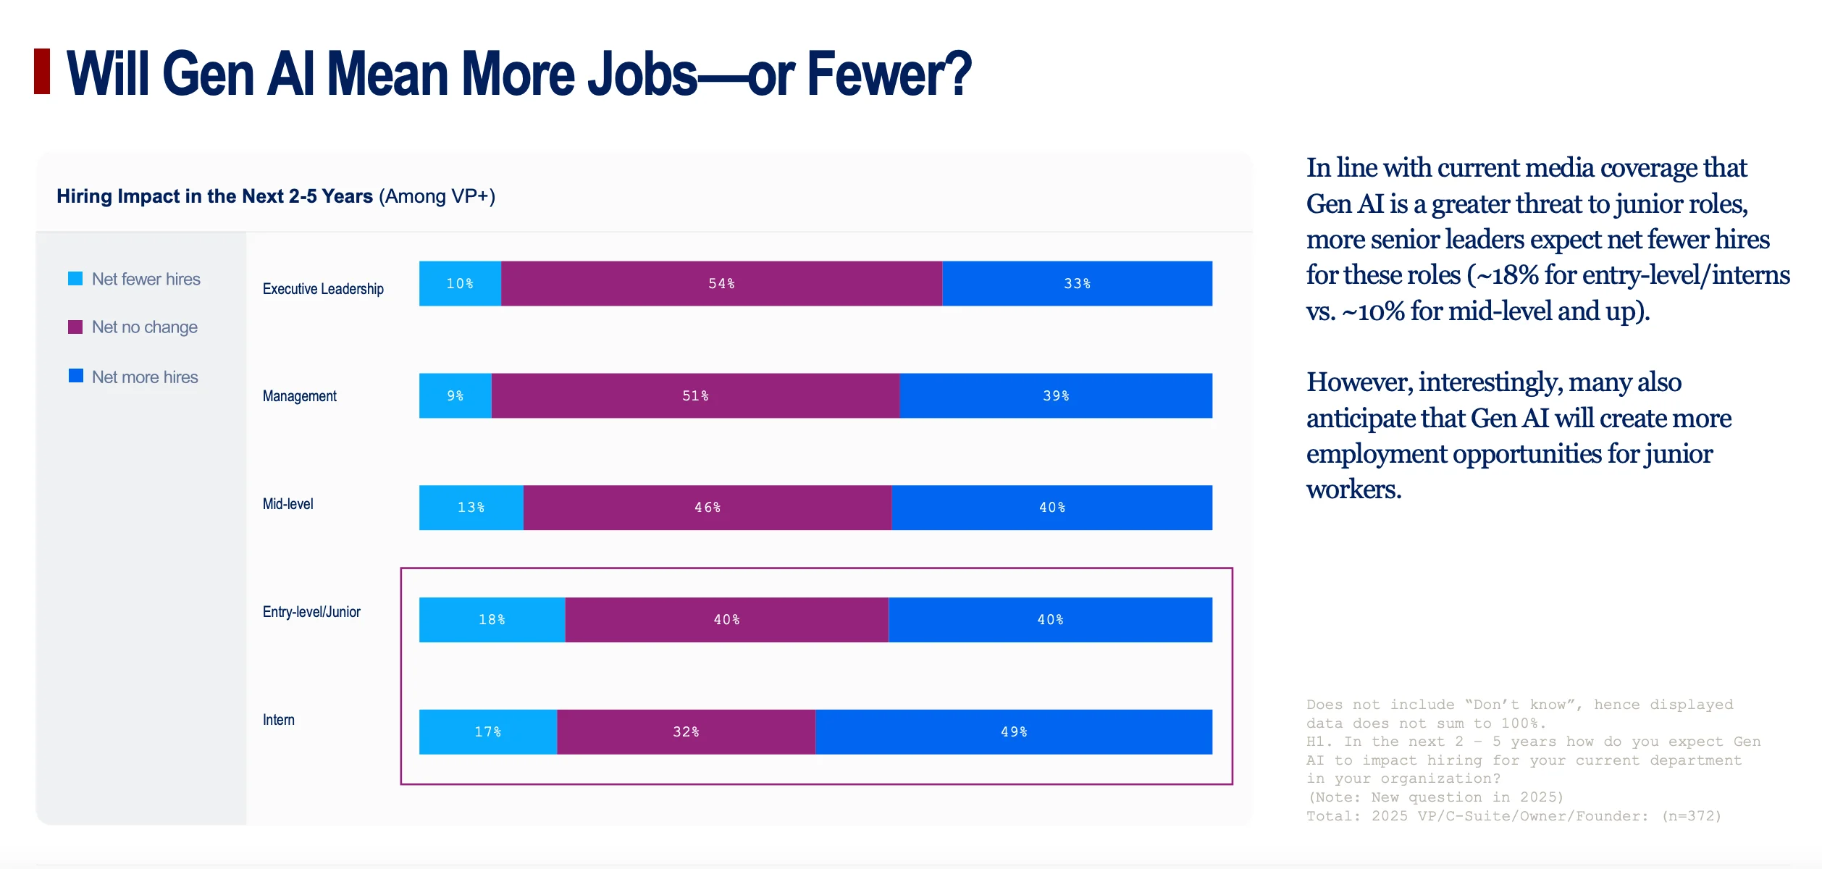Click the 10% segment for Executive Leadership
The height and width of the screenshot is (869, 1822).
click(460, 283)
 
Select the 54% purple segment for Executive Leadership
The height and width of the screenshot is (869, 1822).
click(721, 283)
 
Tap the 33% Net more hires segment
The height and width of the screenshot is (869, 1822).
click(1077, 283)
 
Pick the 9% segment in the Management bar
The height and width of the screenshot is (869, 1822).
click(455, 395)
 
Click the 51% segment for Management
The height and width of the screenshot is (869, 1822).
click(695, 395)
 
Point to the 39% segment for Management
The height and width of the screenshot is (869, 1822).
click(1056, 395)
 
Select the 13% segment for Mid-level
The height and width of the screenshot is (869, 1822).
click(471, 508)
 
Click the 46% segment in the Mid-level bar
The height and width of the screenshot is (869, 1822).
click(708, 508)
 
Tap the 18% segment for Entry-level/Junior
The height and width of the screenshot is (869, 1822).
click(492, 620)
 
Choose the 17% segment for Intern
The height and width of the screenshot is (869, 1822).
click(488, 732)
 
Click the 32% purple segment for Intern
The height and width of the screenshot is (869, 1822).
click(686, 732)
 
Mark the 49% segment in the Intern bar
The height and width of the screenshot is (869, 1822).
click(1014, 732)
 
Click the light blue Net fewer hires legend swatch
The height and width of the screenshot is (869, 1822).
click(75, 279)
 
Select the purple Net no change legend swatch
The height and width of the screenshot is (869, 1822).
click(75, 327)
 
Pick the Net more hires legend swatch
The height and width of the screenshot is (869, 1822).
click(75, 376)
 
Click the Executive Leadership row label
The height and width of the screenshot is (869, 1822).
click(323, 289)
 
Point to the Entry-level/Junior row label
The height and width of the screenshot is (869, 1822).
click(311, 612)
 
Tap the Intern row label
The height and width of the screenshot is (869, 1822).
click(279, 720)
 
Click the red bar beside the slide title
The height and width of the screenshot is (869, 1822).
click(42, 71)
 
